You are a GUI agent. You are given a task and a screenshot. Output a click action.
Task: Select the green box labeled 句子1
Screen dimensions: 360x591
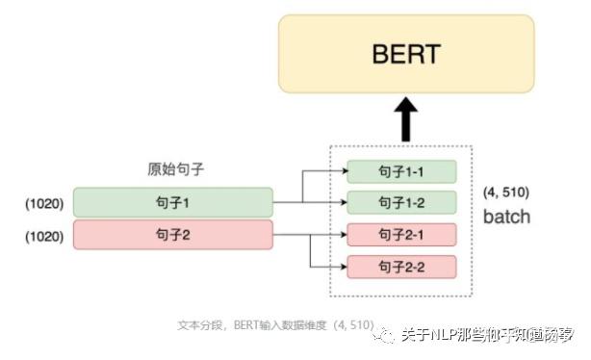pos(173,203)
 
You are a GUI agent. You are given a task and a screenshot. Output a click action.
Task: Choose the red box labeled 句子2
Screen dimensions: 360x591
pos(173,233)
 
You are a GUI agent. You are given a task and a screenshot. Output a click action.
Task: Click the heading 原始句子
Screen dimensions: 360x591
pos(169,169)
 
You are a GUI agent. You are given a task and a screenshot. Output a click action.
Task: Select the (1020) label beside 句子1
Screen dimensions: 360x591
pos(43,203)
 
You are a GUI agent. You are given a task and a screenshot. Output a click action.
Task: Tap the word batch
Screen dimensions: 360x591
pos(506,217)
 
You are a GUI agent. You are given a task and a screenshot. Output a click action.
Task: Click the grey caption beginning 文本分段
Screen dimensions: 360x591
pos(275,324)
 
